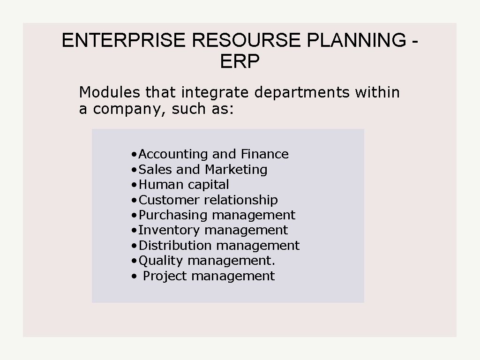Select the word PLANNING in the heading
tap(357, 41)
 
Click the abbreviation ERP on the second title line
tap(240, 61)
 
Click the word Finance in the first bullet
tap(265, 154)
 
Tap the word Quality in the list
tap(161, 261)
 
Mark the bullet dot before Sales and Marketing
tap(135, 170)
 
